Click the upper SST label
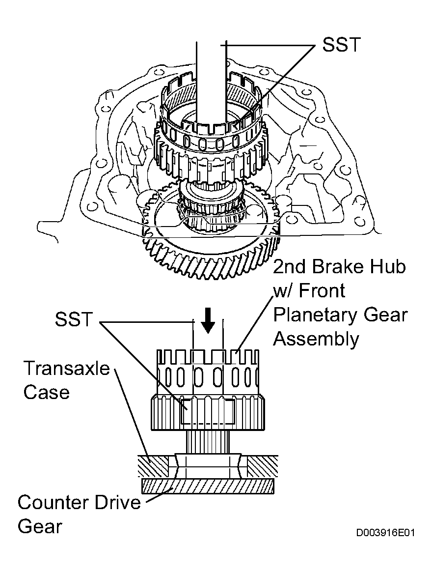click(x=341, y=45)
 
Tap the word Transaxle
click(x=66, y=368)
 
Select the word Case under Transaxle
click(x=46, y=392)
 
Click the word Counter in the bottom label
click(x=52, y=502)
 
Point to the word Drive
click(x=118, y=502)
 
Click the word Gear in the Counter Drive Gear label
click(x=40, y=527)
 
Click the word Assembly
click(x=316, y=339)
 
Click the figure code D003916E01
click(x=386, y=533)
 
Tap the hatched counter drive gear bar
click(x=207, y=486)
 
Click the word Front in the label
click(x=322, y=291)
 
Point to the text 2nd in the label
click(x=290, y=267)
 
